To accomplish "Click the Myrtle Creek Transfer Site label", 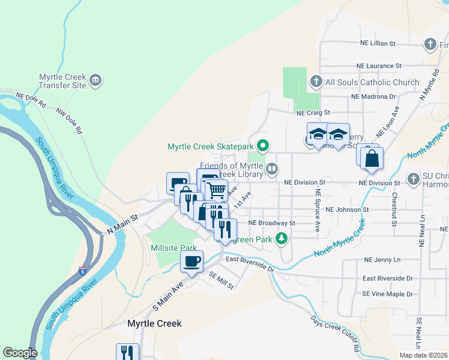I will pos(62,81).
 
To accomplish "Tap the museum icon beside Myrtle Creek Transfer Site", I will pos(95,80).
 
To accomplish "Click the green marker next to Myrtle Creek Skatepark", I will pos(262,146).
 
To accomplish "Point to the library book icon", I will pos(272,169).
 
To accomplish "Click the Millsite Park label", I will pos(174,247).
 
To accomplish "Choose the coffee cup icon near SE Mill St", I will pos(192,262).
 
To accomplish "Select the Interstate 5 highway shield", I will pos(82,271).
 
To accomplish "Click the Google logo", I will pos(20,353).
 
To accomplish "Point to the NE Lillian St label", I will pos(378,44).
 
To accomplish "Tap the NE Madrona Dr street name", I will pos(373,96).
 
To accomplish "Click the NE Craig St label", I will pos(313,112).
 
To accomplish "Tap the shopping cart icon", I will pos(216,190).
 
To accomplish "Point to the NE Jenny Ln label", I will pos(382,260).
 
